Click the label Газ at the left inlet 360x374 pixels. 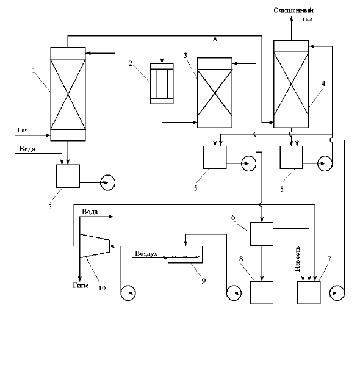coord(22,130)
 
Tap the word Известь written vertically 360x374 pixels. coord(297,259)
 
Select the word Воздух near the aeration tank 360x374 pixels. coord(146,254)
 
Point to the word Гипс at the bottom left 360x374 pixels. coord(81,286)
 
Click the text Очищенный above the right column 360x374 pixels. coord(293,10)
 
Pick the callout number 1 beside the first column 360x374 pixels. coord(34,70)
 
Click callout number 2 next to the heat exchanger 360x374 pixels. coord(130,63)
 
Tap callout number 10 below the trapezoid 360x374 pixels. coord(102,288)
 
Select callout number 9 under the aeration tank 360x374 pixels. coord(204,281)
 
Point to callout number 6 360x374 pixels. coord(233,217)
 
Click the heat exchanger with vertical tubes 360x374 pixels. coord(162,84)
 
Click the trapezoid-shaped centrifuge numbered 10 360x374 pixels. coord(95,246)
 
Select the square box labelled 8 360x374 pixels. coord(262,293)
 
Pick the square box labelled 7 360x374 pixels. coord(309,293)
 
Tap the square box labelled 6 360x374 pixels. coord(262,234)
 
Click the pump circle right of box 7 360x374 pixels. coord(337,293)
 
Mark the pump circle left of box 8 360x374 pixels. coord(234,293)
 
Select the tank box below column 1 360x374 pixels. coord(68,176)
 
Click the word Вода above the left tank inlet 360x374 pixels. coord(27,149)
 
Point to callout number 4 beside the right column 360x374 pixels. coord(323,84)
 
